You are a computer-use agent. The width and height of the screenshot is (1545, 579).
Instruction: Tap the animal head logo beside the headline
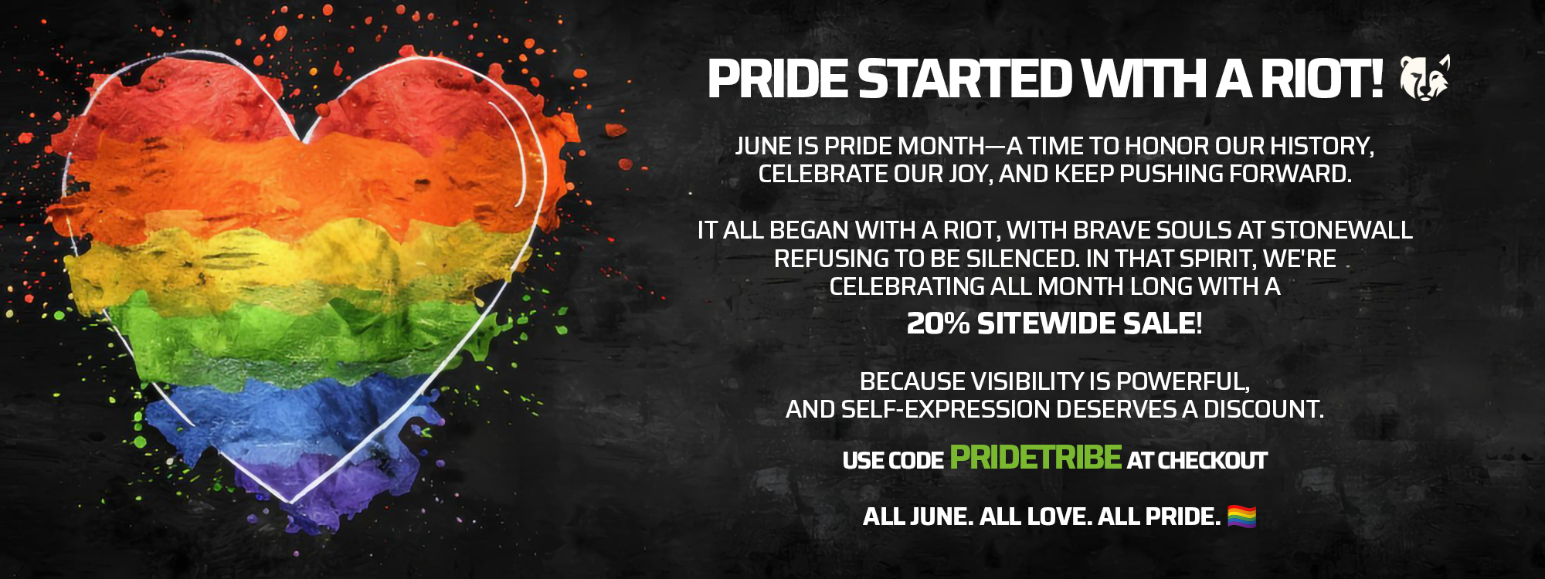pos(1425,78)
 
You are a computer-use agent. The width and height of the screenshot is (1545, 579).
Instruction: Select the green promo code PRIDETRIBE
pos(1035,457)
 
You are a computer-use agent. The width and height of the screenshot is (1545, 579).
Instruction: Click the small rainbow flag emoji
pos(1241,516)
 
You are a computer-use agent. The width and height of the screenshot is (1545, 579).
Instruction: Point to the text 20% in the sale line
pos(938,323)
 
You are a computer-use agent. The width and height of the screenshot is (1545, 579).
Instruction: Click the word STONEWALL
pos(1341,230)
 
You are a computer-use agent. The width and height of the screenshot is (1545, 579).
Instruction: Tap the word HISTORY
pos(1322,146)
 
